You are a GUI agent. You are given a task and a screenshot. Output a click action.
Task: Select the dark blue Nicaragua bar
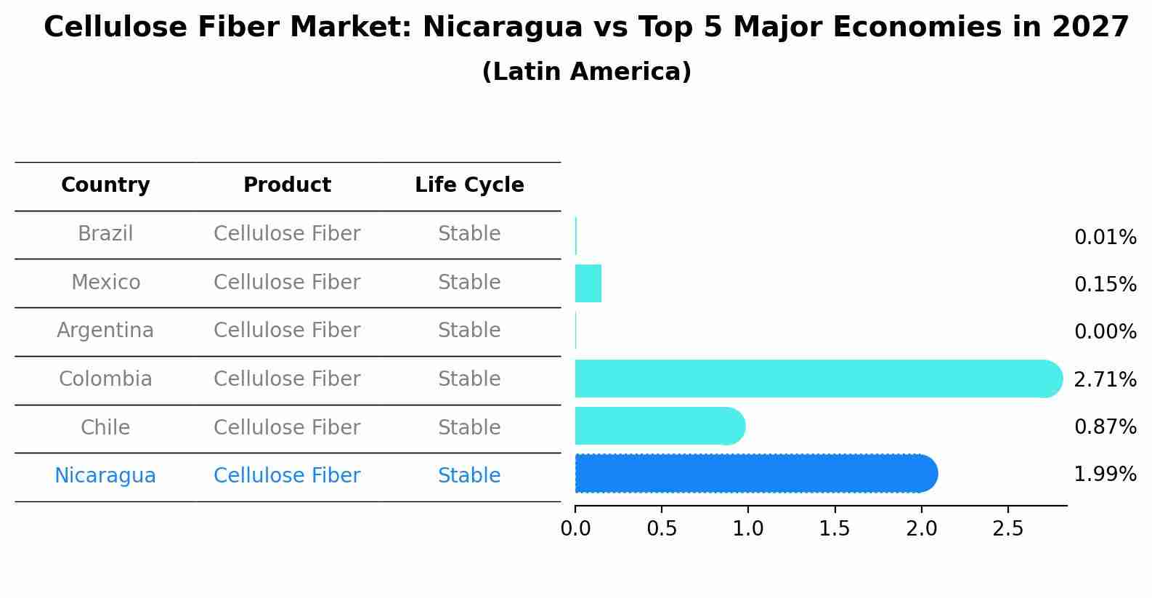coord(755,474)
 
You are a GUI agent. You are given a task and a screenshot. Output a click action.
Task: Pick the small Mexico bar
coord(588,283)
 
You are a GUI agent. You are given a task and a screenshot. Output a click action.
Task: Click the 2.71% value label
coord(1105,379)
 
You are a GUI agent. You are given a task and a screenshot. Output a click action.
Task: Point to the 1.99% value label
coord(1105,474)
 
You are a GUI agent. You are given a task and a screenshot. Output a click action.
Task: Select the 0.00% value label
coord(1105,332)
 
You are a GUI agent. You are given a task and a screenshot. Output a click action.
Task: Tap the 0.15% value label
coord(1105,284)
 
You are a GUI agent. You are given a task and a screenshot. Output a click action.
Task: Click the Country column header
coord(105,185)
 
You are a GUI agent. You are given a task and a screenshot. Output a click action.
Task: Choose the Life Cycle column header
coord(469,185)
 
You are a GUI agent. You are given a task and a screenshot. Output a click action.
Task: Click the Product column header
coord(287,185)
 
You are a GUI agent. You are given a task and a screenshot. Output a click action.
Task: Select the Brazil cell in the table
coord(105,234)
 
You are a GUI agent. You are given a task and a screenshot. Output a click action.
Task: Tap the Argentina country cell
coord(105,331)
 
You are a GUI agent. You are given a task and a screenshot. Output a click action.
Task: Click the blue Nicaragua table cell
coord(105,476)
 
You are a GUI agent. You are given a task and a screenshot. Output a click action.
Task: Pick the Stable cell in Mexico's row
coord(469,283)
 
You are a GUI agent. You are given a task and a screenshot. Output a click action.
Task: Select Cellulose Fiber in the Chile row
coord(287,428)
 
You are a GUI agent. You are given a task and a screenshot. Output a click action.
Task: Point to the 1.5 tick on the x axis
coord(835,529)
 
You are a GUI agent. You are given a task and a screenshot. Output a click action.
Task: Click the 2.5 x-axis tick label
coord(1007,529)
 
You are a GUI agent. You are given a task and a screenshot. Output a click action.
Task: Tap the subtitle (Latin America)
coord(586,72)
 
